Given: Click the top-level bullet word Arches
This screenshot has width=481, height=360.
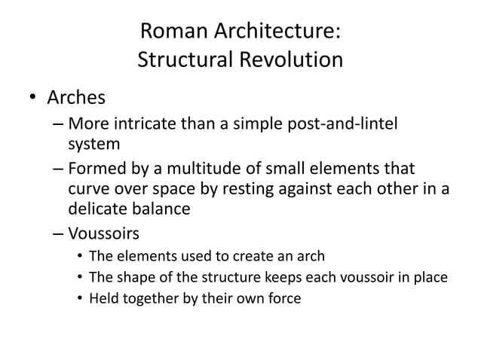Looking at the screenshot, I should pyautogui.click(x=76, y=99).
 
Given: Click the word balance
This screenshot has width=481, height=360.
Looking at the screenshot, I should pyautogui.click(x=162, y=208).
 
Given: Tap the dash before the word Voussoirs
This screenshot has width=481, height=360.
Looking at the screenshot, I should pyautogui.click(x=58, y=233).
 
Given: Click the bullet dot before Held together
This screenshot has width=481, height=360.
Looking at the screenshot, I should pyautogui.click(x=79, y=299).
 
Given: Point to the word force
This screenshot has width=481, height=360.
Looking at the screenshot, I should pyautogui.click(x=283, y=298).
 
